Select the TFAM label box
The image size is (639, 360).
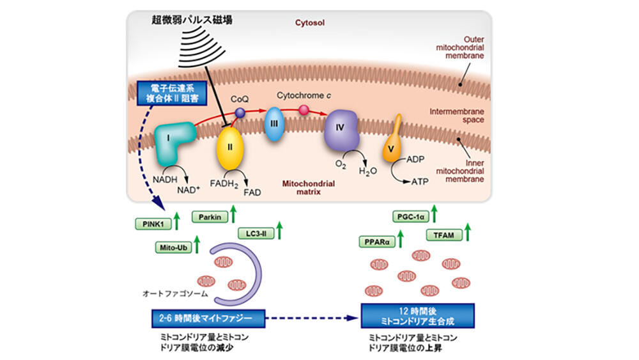pos(444,236)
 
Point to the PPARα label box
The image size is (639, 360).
pos(376,242)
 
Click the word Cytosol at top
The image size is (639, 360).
pos(310,22)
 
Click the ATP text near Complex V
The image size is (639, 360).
pos(420,182)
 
